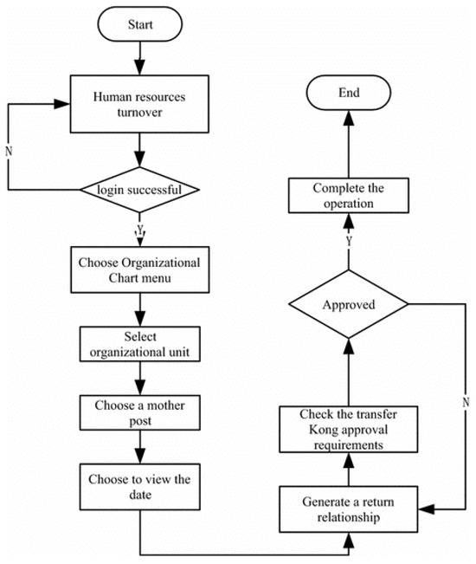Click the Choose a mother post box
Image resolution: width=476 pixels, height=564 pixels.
[138, 411]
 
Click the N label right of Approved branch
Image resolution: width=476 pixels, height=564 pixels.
[465, 401]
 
